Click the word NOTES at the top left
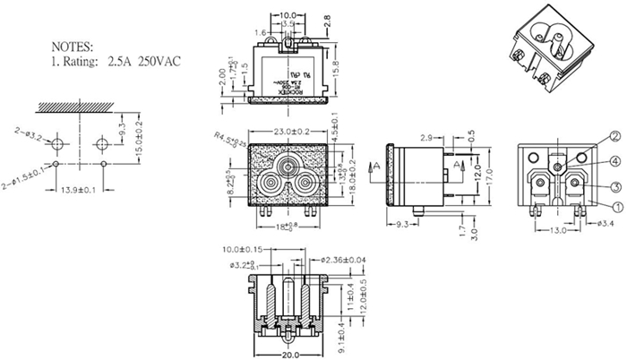pyautogui.click(x=73, y=45)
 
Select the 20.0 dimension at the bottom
pyautogui.click(x=288, y=355)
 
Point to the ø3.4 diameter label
pyautogui.click(x=605, y=223)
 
